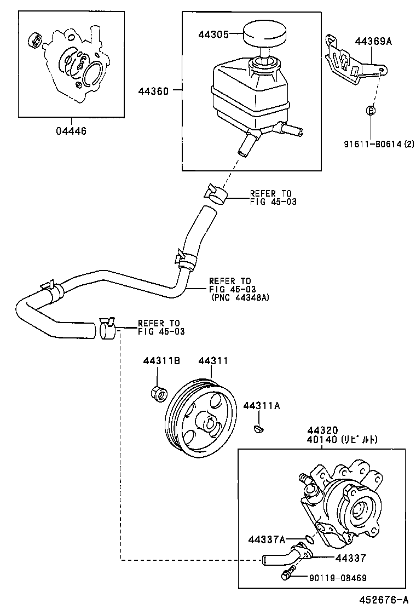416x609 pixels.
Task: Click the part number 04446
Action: (x=71, y=131)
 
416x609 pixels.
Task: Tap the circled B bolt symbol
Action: (x=370, y=111)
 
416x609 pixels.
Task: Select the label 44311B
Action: (x=158, y=361)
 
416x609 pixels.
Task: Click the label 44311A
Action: (x=262, y=406)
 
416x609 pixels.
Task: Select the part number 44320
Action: (x=322, y=430)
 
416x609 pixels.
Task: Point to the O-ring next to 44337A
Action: (x=309, y=539)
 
